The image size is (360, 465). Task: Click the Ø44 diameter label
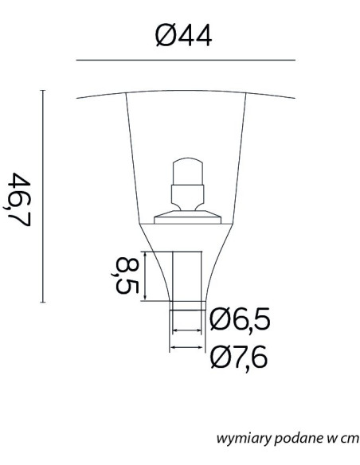[x=183, y=36]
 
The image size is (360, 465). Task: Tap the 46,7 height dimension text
[x=18, y=199]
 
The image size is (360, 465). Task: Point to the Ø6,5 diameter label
[x=240, y=320]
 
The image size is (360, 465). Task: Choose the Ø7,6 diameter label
[x=239, y=357]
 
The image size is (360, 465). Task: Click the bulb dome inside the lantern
[x=188, y=171]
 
